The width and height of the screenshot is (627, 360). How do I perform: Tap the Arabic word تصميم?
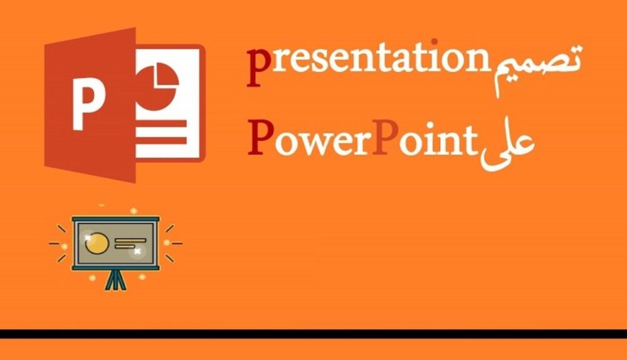click(537, 66)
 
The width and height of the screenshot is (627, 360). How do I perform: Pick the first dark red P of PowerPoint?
click(261, 137)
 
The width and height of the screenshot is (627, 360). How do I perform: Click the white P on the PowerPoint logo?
click(88, 103)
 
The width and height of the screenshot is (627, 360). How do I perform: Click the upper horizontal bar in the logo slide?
click(162, 124)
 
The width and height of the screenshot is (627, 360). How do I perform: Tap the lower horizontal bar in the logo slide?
click(162, 140)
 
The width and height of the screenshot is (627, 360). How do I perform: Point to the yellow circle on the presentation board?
click(97, 243)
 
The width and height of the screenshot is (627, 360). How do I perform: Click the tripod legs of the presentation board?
click(115, 280)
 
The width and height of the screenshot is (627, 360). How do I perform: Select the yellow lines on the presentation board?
click(130, 243)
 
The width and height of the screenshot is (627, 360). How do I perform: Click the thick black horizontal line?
click(313, 334)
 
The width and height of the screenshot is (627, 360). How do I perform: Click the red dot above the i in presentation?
click(434, 41)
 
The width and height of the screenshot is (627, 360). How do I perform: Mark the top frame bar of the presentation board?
click(115, 220)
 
